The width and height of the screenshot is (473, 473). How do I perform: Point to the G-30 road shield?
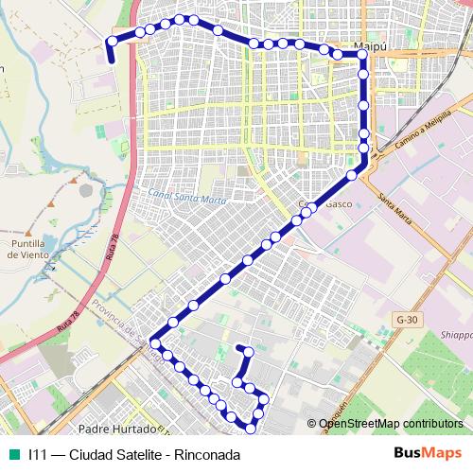click(x=407, y=320)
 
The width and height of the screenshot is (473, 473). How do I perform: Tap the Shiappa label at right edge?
click(x=456, y=335)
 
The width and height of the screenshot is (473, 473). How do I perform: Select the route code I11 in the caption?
click(x=38, y=454)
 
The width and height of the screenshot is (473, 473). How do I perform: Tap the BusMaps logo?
click(x=427, y=454)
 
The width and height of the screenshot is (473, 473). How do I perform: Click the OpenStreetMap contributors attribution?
click(x=390, y=424)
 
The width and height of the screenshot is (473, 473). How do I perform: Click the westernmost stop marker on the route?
click(x=112, y=41)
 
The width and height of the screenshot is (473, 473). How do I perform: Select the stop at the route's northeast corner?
click(x=363, y=56)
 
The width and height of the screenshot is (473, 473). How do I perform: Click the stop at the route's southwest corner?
click(x=154, y=343)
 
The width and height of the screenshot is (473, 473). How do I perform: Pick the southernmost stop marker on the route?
click(x=251, y=428)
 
